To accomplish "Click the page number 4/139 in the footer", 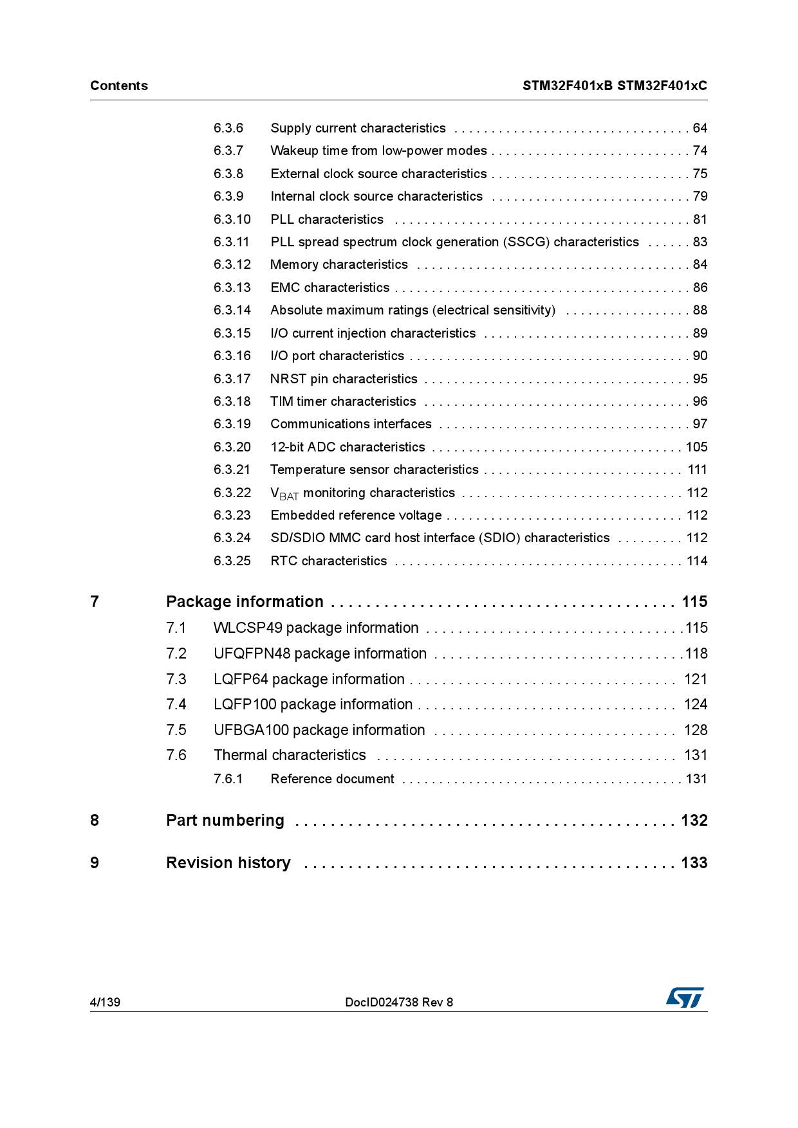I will [105, 1002].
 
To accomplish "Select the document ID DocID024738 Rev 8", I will [399, 1002].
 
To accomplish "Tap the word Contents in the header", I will [119, 86].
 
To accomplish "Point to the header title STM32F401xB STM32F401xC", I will [615, 86].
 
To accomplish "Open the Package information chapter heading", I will [245, 602].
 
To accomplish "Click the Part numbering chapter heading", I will [225, 821].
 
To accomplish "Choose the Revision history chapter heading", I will [228, 863].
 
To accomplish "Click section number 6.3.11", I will [232, 242].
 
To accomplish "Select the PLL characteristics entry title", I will [327, 219].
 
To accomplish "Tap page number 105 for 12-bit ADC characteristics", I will [696, 447].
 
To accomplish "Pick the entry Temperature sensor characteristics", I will [375, 469].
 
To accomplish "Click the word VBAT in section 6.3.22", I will [284, 494].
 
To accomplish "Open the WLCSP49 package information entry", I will [316, 628].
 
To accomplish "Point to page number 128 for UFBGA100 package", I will [696, 731].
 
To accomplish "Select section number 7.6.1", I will [228, 779].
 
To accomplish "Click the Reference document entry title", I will [333, 779].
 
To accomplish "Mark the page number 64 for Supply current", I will [700, 128].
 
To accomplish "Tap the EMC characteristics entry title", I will [330, 287].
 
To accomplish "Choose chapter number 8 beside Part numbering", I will [95, 821].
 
